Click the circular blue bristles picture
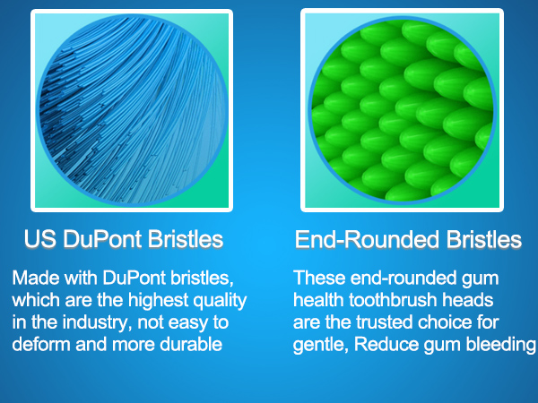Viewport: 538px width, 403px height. pos(131,110)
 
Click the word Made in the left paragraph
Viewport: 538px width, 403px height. pos(32,278)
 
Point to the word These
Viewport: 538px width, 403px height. pos(317,278)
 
